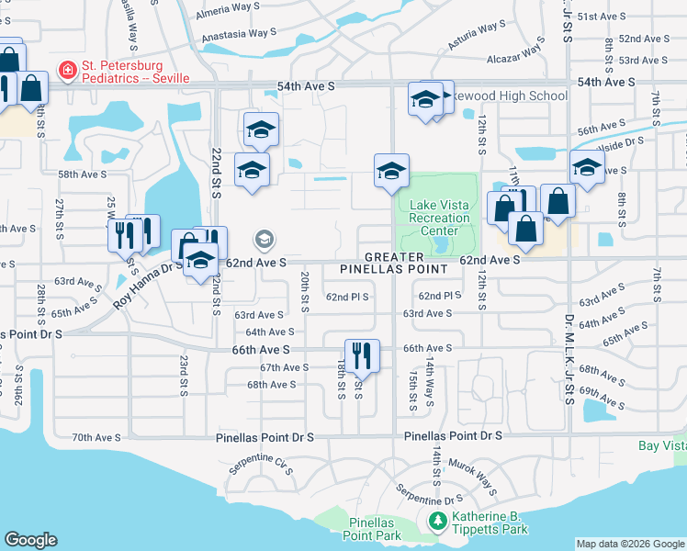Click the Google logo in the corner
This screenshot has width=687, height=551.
click(31, 540)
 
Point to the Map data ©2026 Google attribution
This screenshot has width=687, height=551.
click(630, 544)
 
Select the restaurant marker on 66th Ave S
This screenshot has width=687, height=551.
click(361, 354)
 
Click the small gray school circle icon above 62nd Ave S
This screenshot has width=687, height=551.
click(265, 241)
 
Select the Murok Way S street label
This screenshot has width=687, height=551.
click(476, 475)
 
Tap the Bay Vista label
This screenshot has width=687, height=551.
click(662, 445)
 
